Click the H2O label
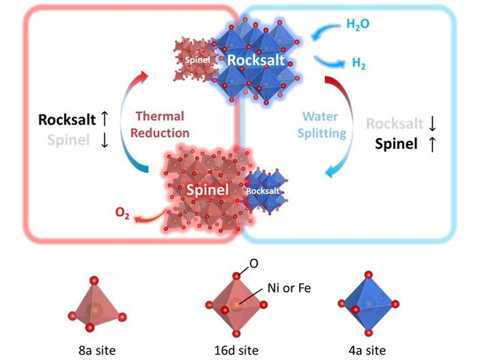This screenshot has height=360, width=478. click(359, 25)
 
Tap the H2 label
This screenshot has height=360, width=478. click(358, 64)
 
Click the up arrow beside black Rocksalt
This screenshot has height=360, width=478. click(104, 120)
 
